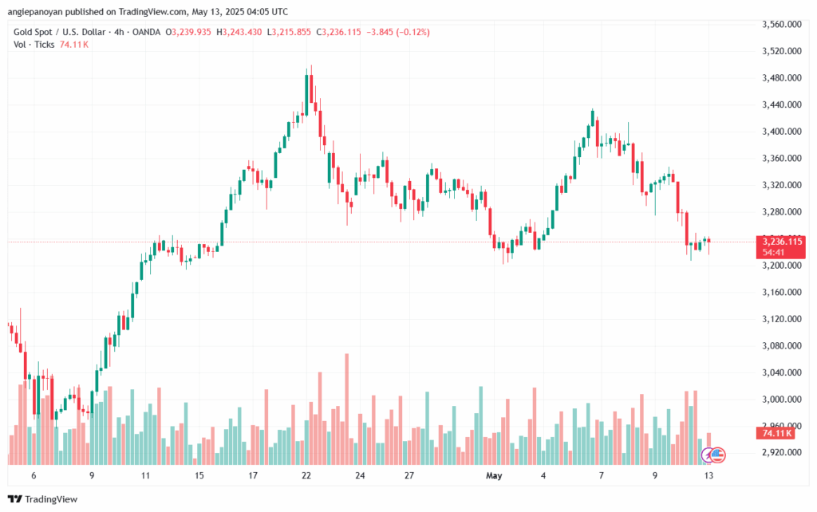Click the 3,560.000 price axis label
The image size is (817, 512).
pos(782,25)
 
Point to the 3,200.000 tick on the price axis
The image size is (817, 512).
pos(782,266)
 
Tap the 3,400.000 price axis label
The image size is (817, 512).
pos(782,132)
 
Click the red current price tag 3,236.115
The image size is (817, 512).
pos(783,241)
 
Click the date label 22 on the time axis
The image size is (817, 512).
pos(306,475)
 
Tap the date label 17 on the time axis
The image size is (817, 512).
pos(252,475)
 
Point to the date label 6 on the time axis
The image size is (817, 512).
pos(33,475)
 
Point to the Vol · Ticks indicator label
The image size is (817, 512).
pos(34,44)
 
